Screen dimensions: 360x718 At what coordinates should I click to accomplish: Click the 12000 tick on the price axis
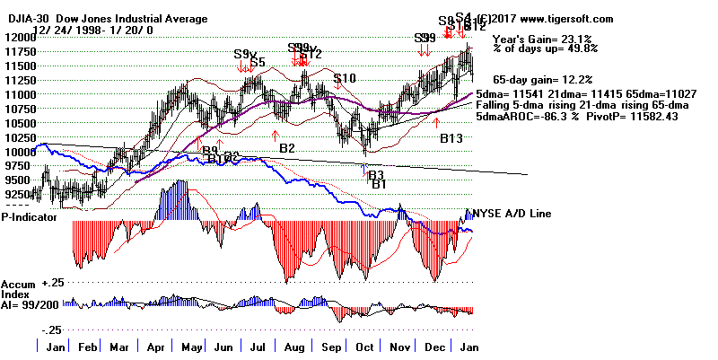coord(19,37)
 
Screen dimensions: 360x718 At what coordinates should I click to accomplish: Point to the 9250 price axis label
coord(19,193)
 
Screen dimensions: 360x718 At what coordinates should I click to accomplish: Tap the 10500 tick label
coord(19,123)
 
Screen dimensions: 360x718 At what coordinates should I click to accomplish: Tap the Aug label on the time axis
coord(292,346)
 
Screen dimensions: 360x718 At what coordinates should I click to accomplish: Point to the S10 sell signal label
coord(345,79)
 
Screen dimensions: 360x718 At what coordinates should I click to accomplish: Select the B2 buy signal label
coord(287,147)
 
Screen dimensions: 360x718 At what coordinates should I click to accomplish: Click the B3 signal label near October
coord(377,174)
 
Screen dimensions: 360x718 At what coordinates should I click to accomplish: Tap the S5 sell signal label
coord(257,62)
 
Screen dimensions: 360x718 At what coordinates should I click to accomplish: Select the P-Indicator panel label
coord(30,216)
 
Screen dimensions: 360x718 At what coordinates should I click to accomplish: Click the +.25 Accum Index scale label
coord(52,282)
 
